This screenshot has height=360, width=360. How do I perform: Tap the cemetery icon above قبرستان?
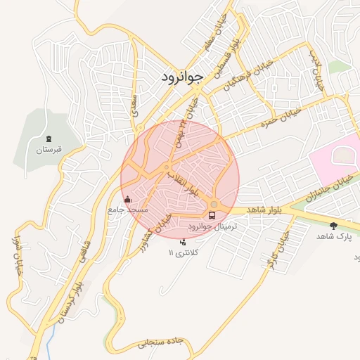point(48,139)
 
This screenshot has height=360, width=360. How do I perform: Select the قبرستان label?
point(48,150)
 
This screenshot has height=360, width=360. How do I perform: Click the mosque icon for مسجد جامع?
point(127,200)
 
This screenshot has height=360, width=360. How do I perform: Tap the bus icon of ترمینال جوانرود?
point(213,215)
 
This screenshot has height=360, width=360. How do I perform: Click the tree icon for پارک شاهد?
point(333,226)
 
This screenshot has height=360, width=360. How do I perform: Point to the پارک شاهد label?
point(333,237)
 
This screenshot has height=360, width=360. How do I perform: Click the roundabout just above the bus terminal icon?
point(214,205)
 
